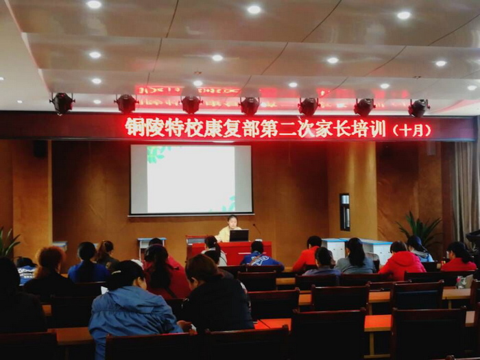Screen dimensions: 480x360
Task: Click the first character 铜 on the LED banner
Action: pos(135,127)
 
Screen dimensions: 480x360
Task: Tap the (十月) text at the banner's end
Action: pos(411,130)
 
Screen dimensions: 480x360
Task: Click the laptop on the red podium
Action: pos(239,235)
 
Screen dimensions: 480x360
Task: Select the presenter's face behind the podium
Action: pos(232,222)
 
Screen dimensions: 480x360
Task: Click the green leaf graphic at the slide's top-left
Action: pos(158,154)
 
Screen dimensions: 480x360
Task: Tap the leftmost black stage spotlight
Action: pos(62,103)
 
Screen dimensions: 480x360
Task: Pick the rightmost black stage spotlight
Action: pos(418,108)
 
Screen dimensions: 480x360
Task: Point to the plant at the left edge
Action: pos(8,242)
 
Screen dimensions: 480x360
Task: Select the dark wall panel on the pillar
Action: pos(345,212)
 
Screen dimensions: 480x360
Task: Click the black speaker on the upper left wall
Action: pos(40,149)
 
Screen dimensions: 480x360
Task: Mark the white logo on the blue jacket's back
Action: pos(260,260)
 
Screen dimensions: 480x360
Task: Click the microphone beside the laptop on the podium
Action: pos(256,229)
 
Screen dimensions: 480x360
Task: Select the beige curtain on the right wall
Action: pos(466,190)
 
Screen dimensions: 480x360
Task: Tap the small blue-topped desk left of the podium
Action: pos(151,245)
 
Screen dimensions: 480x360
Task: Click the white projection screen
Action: pos(191,180)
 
